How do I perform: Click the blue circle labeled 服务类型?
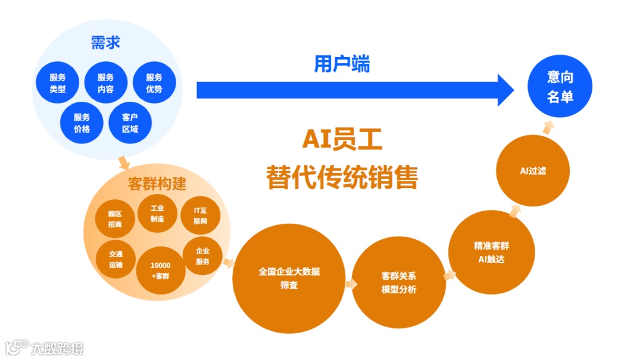tap(58, 84)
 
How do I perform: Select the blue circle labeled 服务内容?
tap(105, 84)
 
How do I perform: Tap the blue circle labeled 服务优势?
tap(154, 84)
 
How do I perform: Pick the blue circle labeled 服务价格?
tap(82, 123)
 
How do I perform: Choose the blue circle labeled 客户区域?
tap(130, 123)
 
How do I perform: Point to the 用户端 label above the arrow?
tap(342, 64)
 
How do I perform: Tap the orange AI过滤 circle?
tap(533, 171)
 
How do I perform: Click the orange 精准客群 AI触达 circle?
tap(491, 253)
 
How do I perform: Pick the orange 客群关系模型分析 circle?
tap(399, 283)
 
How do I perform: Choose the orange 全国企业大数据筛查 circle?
tap(289, 278)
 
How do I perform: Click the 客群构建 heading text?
tap(157, 184)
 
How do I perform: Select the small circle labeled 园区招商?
tap(115, 219)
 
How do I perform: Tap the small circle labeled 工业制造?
tap(157, 214)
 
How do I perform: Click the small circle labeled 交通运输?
tap(116, 259)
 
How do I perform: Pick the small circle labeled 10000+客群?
tap(161, 270)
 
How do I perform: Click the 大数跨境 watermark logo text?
tap(56, 348)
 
